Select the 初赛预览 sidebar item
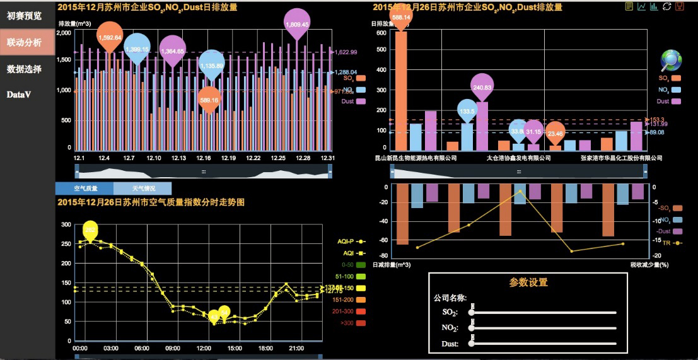click(25, 15)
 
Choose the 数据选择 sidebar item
click(25, 69)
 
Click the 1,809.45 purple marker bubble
click(297, 23)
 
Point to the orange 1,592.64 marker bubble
click(109, 37)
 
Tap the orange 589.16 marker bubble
click(209, 100)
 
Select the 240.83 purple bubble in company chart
click(482, 87)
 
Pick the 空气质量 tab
click(84, 188)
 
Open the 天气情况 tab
click(143, 188)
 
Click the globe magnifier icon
click(672, 61)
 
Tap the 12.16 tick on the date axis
click(203, 158)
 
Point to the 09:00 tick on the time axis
click(172, 348)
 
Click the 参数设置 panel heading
click(528, 282)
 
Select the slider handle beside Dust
click(472, 343)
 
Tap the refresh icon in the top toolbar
click(666, 6)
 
